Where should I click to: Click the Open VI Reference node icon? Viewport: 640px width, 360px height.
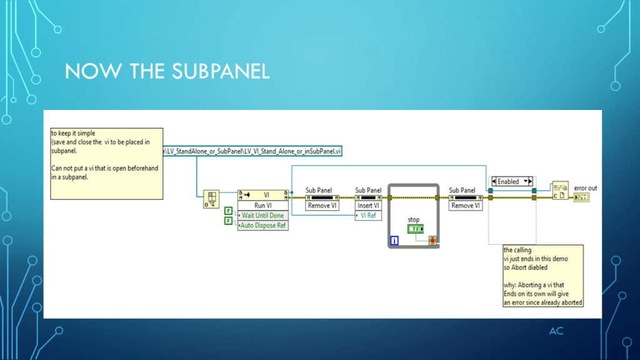pos(212,199)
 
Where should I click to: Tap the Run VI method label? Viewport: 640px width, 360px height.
pos(263,205)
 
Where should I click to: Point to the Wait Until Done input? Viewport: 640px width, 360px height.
pos(263,216)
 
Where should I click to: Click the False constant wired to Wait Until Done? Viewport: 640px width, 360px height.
pos(228,211)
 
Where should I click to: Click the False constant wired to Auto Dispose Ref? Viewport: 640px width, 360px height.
pos(228,220)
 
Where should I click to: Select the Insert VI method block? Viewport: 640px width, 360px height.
pos(368,205)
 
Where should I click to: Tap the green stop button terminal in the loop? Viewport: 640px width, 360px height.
pos(414,229)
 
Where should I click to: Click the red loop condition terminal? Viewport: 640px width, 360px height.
pos(432,240)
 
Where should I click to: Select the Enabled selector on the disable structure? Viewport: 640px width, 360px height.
pos(512,181)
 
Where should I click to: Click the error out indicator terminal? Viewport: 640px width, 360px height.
pos(581,197)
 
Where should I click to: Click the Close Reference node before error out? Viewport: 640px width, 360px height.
pos(560,191)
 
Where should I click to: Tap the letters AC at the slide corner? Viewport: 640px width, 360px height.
pos(556,331)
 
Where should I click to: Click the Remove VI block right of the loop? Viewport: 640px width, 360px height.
pos(466,205)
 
